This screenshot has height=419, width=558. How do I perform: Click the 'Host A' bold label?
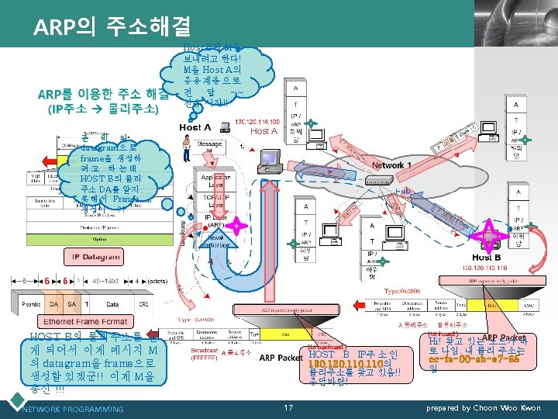pyautogui.click(x=195, y=127)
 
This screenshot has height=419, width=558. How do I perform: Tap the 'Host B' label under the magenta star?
pyautogui.click(x=487, y=257)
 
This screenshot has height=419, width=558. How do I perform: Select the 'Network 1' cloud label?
pyautogui.click(x=391, y=165)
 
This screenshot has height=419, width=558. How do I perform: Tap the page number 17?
pyautogui.click(x=288, y=407)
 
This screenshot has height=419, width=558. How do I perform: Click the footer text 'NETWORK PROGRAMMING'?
pyautogui.click(x=73, y=409)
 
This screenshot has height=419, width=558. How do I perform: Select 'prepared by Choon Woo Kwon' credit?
pyautogui.click(x=484, y=408)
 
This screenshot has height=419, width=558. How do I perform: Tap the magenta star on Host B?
pyautogui.click(x=489, y=228)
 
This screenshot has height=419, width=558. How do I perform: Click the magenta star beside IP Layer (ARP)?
pyautogui.click(x=236, y=227)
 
